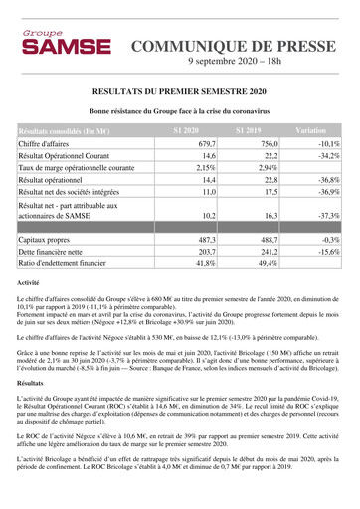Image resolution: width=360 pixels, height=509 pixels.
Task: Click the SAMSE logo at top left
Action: point(53,45)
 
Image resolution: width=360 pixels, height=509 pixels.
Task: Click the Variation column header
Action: point(311,130)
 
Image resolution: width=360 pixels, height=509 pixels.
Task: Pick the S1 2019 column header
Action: point(249,130)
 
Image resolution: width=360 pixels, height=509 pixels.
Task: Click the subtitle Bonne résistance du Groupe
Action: point(179,111)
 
